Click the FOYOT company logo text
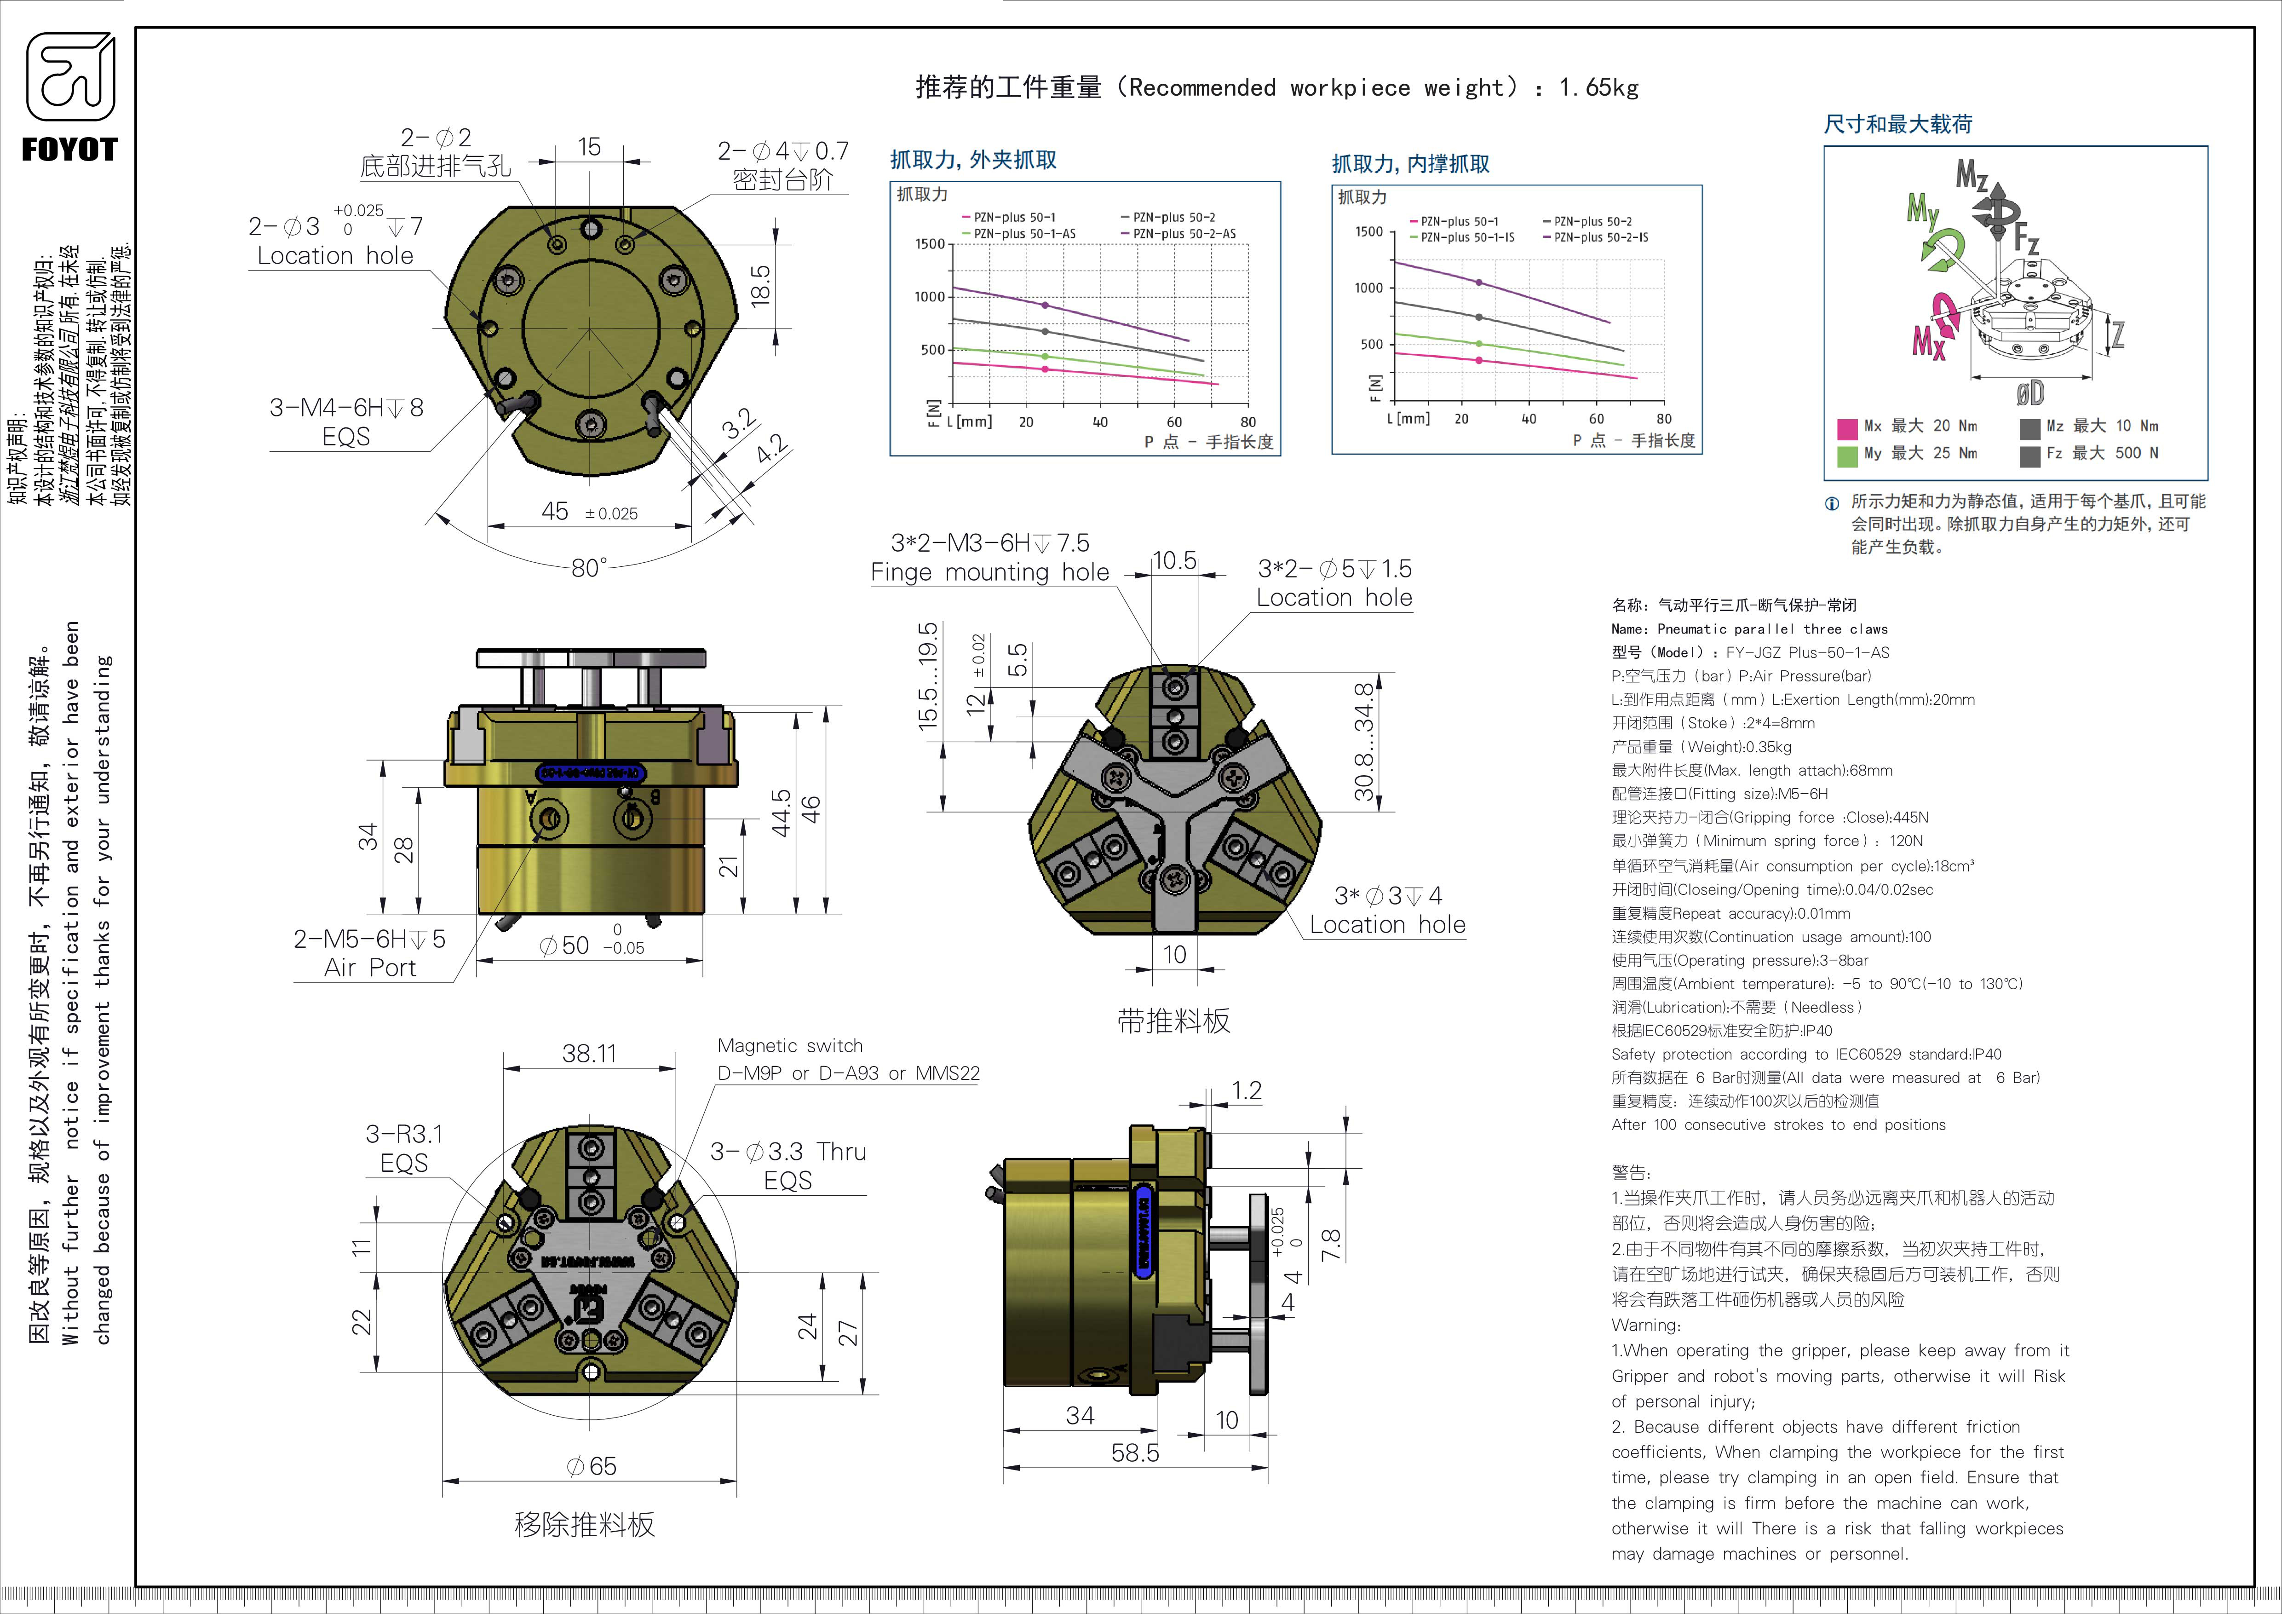(69, 150)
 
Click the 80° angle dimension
(588, 567)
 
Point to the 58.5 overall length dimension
(1135, 1453)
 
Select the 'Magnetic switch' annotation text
(790, 1045)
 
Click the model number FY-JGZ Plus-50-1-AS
(1807, 653)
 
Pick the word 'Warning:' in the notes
(1646, 1326)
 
